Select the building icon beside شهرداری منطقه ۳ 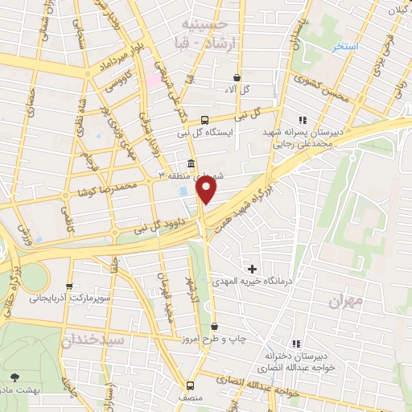click(x=191, y=161)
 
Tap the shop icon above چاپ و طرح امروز click(x=214, y=327)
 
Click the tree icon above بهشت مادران click(x=15, y=377)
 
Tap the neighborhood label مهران click(x=347, y=300)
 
